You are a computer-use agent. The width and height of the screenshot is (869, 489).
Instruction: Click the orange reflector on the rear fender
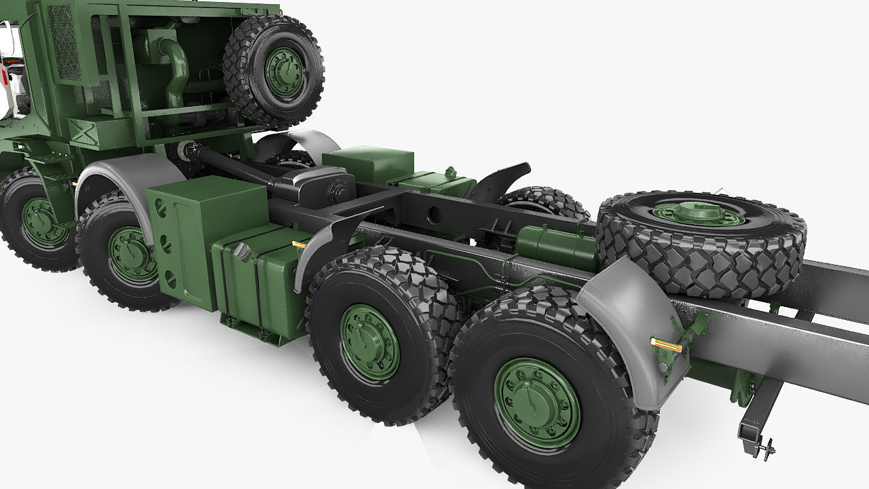point(665,344)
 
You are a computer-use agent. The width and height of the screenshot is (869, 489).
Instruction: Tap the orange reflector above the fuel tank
point(299,242)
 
